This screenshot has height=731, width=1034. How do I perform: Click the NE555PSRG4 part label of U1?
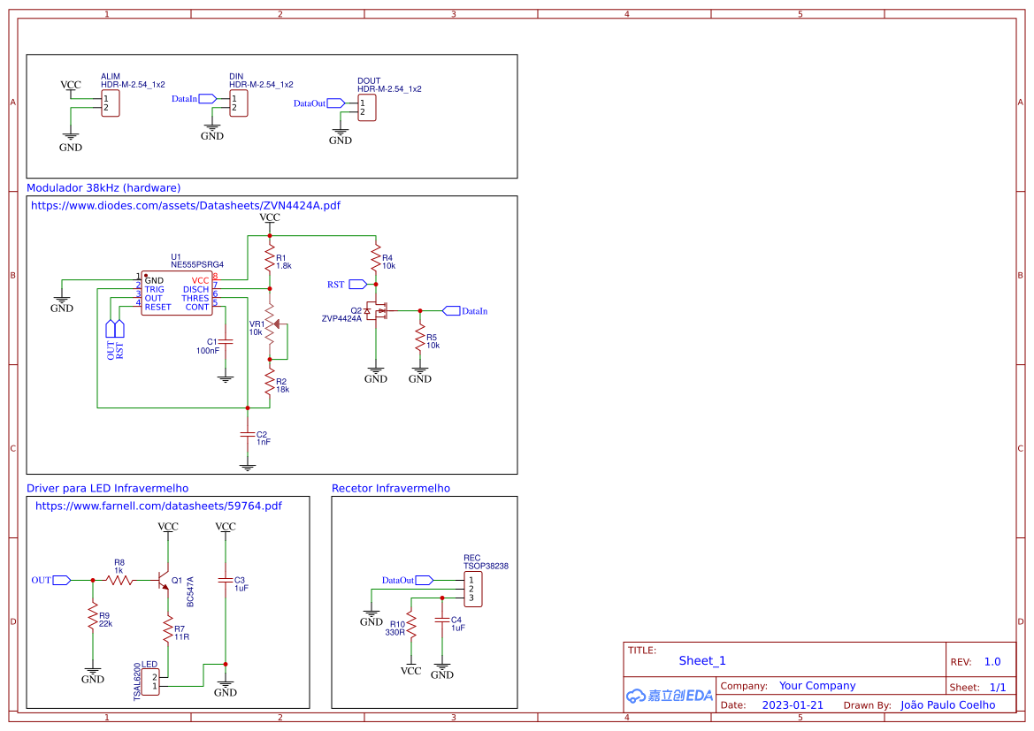coord(197,264)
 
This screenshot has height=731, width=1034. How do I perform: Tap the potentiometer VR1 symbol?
coord(271,326)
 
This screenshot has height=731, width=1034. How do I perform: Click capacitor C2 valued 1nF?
coord(248,436)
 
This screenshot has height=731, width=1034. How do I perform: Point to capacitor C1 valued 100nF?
coord(226,341)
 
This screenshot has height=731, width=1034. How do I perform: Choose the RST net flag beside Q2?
coord(357,284)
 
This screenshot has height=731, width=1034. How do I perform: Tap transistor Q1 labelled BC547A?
coord(165,580)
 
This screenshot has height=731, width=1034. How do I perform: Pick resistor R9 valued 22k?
coord(92,618)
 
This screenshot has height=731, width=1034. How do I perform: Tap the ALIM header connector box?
coord(111,103)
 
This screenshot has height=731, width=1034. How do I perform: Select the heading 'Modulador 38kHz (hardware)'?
coord(103,188)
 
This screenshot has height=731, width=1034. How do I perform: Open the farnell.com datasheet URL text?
coord(158,506)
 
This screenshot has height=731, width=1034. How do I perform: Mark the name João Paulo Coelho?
coord(947,705)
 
